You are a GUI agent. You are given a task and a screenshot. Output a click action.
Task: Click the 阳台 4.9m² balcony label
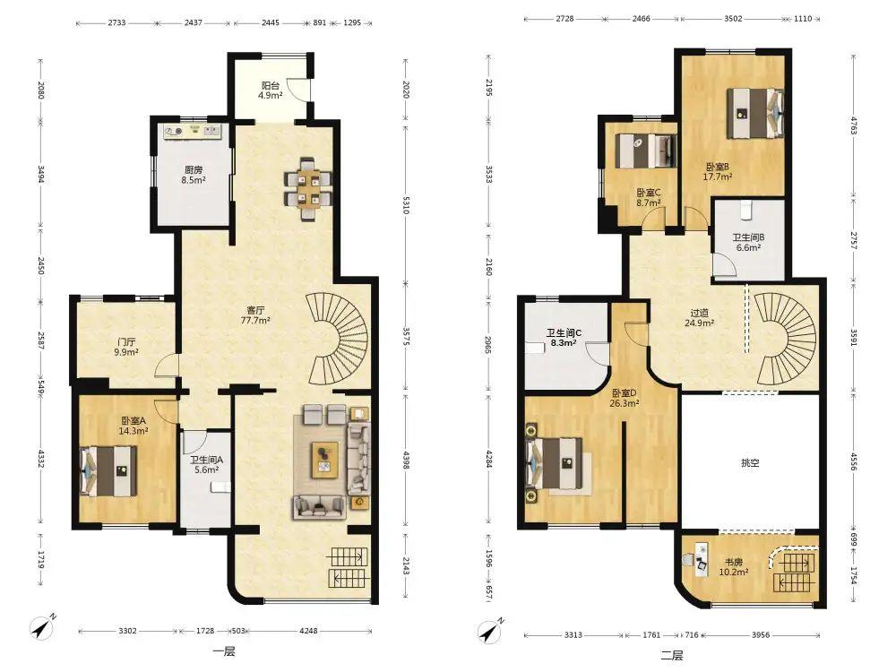pyautogui.click(x=271, y=90)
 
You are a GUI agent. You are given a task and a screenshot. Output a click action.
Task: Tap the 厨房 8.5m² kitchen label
pyautogui.click(x=194, y=175)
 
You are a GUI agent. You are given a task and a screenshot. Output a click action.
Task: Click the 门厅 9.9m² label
pyautogui.click(x=126, y=347)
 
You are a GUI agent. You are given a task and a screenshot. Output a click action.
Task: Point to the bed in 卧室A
pyautogui.click(x=108, y=471)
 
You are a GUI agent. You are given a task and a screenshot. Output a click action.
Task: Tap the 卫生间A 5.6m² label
pyautogui.click(x=206, y=464)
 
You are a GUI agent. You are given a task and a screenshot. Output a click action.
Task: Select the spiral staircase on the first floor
pyautogui.click(x=338, y=339)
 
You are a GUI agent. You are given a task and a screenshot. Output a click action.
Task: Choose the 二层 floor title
pyautogui.click(x=671, y=655)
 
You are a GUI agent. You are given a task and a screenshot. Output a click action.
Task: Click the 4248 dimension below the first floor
pyautogui.click(x=308, y=631)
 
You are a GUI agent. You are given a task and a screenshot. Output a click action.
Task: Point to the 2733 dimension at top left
pyautogui.click(x=116, y=23)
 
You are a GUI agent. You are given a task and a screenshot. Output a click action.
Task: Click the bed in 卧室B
pyautogui.click(x=754, y=113)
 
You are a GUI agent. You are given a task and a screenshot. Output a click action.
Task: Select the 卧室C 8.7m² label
pyautogui.click(x=649, y=198)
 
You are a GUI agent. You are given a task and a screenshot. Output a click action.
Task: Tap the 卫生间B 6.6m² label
pyautogui.click(x=748, y=243)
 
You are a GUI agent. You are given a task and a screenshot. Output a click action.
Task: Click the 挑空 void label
pyautogui.click(x=750, y=463)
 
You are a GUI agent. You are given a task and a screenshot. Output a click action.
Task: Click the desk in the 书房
pyautogui.click(x=698, y=556)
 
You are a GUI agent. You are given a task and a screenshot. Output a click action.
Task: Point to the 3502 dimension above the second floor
pyautogui.click(x=733, y=18)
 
